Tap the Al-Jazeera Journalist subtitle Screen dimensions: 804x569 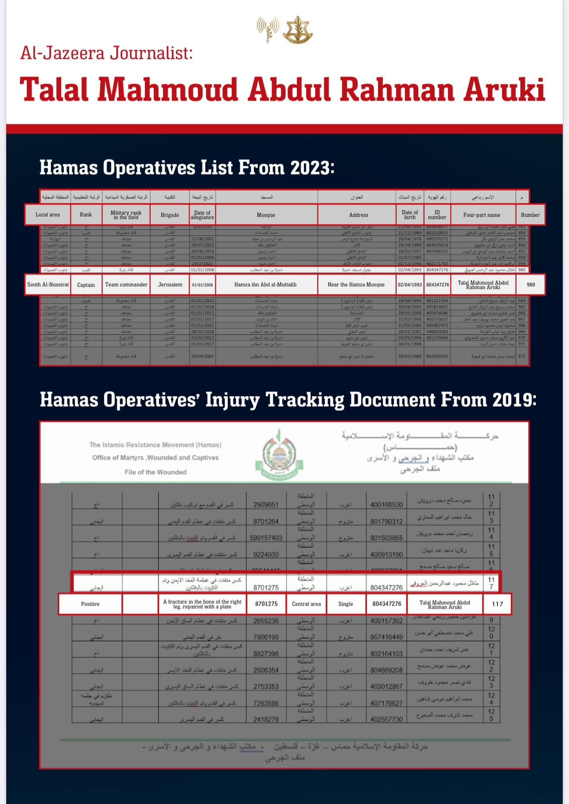pyautogui.click(x=107, y=52)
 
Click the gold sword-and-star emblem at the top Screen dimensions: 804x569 pyautogui.click(x=298, y=30)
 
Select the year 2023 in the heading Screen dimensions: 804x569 pyautogui.click(x=309, y=168)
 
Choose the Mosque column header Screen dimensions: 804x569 pyautogui.click(x=266, y=215)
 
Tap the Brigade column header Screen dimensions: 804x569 pyautogui.click(x=170, y=215)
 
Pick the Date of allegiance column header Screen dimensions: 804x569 pyautogui.click(x=202, y=215)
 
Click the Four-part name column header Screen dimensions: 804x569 pyautogui.click(x=482, y=215)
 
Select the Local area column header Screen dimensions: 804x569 pyautogui.click(x=48, y=215)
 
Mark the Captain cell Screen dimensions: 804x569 pyautogui.click(x=86, y=285)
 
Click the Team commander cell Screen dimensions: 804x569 pyautogui.click(x=126, y=285)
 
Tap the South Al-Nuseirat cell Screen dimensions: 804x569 pyautogui.click(x=48, y=285)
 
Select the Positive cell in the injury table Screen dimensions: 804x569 pyautogui.click(x=90, y=604)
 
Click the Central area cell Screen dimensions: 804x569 pyautogui.click(x=306, y=604)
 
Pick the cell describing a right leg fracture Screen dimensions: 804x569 pyautogui.click(x=202, y=604)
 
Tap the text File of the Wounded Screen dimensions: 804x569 pyautogui.click(x=155, y=472)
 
